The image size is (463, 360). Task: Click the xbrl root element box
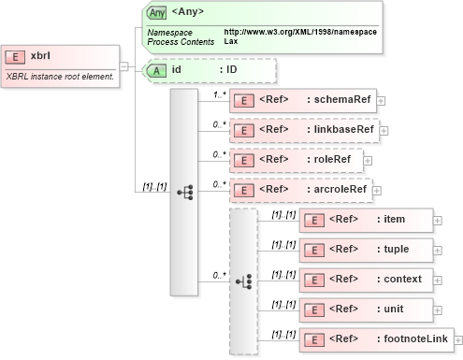[60, 55]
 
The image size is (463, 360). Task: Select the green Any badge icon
[157, 13]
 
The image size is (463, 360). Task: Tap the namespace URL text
[300, 33]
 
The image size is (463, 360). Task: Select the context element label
[398, 279]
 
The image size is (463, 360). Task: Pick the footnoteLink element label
[412, 338]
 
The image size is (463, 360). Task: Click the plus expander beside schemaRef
[380, 100]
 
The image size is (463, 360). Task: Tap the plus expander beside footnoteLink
[457, 338]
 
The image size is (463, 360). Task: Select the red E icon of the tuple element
[314, 251]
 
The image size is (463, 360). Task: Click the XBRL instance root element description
[59, 75]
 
